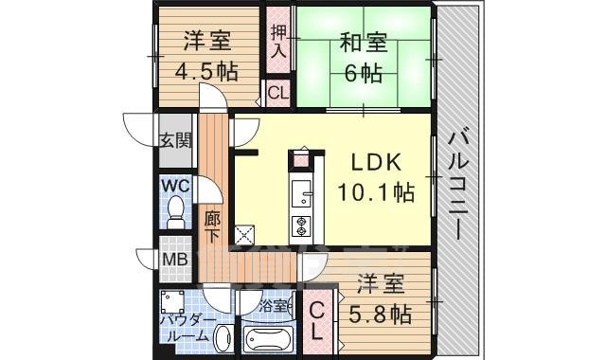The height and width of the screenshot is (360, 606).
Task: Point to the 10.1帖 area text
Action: tap(376, 192)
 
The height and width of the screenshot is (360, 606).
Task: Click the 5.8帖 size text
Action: tap(381, 312)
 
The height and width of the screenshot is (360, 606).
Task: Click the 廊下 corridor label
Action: tap(212, 225)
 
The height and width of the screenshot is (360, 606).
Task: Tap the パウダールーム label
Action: tap(184, 328)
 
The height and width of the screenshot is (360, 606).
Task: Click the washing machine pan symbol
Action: tap(172, 302)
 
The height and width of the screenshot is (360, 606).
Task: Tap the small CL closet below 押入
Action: tap(277, 93)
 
